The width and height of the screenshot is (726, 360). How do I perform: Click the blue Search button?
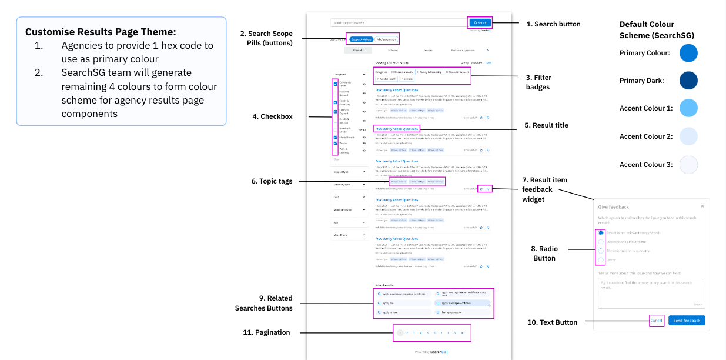click(x=480, y=23)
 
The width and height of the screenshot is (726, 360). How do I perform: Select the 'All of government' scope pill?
click(x=386, y=39)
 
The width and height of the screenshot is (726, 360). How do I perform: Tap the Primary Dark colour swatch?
click(x=688, y=81)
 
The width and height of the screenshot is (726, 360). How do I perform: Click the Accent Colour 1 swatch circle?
click(x=688, y=108)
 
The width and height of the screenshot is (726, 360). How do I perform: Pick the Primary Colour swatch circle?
click(x=688, y=53)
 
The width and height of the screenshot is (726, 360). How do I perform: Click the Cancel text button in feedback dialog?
click(x=657, y=321)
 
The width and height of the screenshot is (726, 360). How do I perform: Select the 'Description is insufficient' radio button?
click(x=601, y=242)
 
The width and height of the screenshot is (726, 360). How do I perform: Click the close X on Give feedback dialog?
click(x=702, y=206)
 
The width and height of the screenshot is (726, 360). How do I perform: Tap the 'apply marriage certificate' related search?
click(x=462, y=303)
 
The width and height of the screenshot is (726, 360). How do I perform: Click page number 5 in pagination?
click(x=427, y=333)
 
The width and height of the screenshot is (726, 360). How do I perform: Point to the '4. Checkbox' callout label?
click(x=272, y=116)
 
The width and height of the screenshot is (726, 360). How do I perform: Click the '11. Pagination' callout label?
click(x=266, y=332)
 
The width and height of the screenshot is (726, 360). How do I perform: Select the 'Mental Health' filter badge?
click(x=387, y=78)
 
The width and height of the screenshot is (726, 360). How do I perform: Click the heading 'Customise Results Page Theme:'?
click(x=101, y=32)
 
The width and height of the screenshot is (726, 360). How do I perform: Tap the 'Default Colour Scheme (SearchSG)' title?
click(x=657, y=30)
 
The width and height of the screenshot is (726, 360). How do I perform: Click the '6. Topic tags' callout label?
click(x=272, y=181)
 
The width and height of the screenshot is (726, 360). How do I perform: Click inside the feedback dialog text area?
click(x=651, y=292)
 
